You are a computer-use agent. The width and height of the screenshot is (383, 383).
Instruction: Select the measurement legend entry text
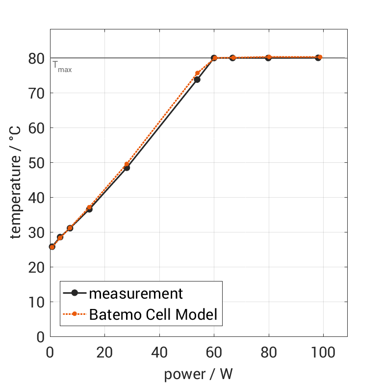click(136, 293)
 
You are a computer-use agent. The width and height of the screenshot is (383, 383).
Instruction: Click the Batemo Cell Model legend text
click(153, 314)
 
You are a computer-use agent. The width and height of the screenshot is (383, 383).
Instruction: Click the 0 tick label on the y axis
click(41, 337)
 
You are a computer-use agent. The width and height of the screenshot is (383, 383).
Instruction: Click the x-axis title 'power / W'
click(198, 374)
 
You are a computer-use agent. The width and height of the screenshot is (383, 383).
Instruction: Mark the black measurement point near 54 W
click(197, 79)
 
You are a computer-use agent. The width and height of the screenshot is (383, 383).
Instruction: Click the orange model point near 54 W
click(198, 73)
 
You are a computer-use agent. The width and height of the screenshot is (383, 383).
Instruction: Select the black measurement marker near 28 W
click(127, 168)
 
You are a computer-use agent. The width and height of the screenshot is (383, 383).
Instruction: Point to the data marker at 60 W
click(214, 58)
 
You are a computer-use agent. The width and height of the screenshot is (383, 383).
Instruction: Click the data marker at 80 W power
click(268, 58)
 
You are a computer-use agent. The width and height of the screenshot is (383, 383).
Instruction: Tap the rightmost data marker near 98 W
click(318, 58)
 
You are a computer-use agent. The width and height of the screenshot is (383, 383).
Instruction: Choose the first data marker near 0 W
click(52, 247)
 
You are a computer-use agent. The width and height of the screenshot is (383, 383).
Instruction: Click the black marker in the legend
click(75, 293)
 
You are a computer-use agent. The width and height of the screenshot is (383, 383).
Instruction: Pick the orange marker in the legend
click(75, 314)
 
